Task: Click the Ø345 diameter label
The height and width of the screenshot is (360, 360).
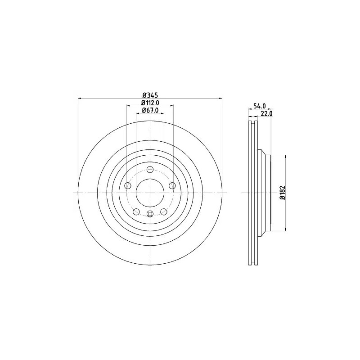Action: pos(151,94)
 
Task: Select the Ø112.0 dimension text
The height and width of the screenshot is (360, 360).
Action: pos(150,103)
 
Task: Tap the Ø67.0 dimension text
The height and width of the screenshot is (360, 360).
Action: pos(150,110)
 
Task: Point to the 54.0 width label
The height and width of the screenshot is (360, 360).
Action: pos(260,106)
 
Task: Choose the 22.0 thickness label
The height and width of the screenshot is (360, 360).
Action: pos(266,113)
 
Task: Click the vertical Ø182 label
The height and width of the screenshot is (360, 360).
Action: pos(283,193)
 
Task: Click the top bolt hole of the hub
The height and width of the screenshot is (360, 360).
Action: pos(150,170)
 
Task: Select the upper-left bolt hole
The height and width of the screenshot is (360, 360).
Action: pos(128,185)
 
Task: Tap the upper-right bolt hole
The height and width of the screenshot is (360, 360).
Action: pos(172,185)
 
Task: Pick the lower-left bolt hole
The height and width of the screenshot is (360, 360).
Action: pos(136,211)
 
